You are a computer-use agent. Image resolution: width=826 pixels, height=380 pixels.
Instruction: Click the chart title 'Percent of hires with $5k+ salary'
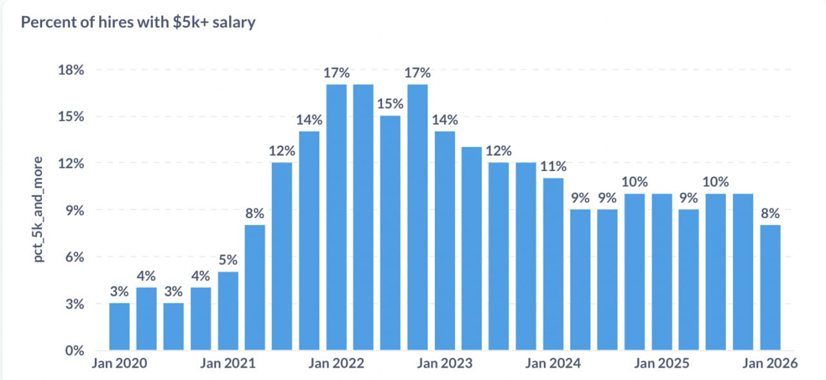pyautogui.click(x=138, y=23)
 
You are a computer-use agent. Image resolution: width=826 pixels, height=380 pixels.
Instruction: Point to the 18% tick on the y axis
pyautogui.click(x=71, y=70)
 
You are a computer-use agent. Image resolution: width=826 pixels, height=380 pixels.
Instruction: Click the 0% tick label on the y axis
pyautogui.click(x=75, y=351)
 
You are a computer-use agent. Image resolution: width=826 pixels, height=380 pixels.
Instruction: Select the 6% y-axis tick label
pyautogui.click(x=75, y=257)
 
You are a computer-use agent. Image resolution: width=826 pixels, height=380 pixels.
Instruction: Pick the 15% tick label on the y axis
pyautogui.click(x=71, y=117)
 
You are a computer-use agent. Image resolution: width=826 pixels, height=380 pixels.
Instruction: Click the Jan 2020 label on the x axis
pyautogui.click(x=119, y=364)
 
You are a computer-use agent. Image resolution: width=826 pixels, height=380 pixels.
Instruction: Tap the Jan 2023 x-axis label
pyautogui.click(x=445, y=364)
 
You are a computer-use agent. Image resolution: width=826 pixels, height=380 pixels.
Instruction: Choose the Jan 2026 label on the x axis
pyautogui.click(x=770, y=364)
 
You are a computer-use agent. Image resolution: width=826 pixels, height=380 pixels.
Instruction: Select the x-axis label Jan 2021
pyautogui.click(x=228, y=364)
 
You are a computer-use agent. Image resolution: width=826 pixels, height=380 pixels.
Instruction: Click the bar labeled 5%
pyautogui.click(x=228, y=311)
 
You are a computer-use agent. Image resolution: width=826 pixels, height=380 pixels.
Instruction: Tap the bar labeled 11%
pyautogui.click(x=553, y=264)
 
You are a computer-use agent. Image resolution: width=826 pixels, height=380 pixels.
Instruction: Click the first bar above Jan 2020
pyautogui.click(x=119, y=326)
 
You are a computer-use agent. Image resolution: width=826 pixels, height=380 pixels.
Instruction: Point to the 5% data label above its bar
pyautogui.click(x=228, y=261)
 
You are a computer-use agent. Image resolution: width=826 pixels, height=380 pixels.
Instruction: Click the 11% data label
pyautogui.click(x=553, y=166)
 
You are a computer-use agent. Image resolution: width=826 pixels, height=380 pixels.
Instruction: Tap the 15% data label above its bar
pyautogui.click(x=390, y=104)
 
